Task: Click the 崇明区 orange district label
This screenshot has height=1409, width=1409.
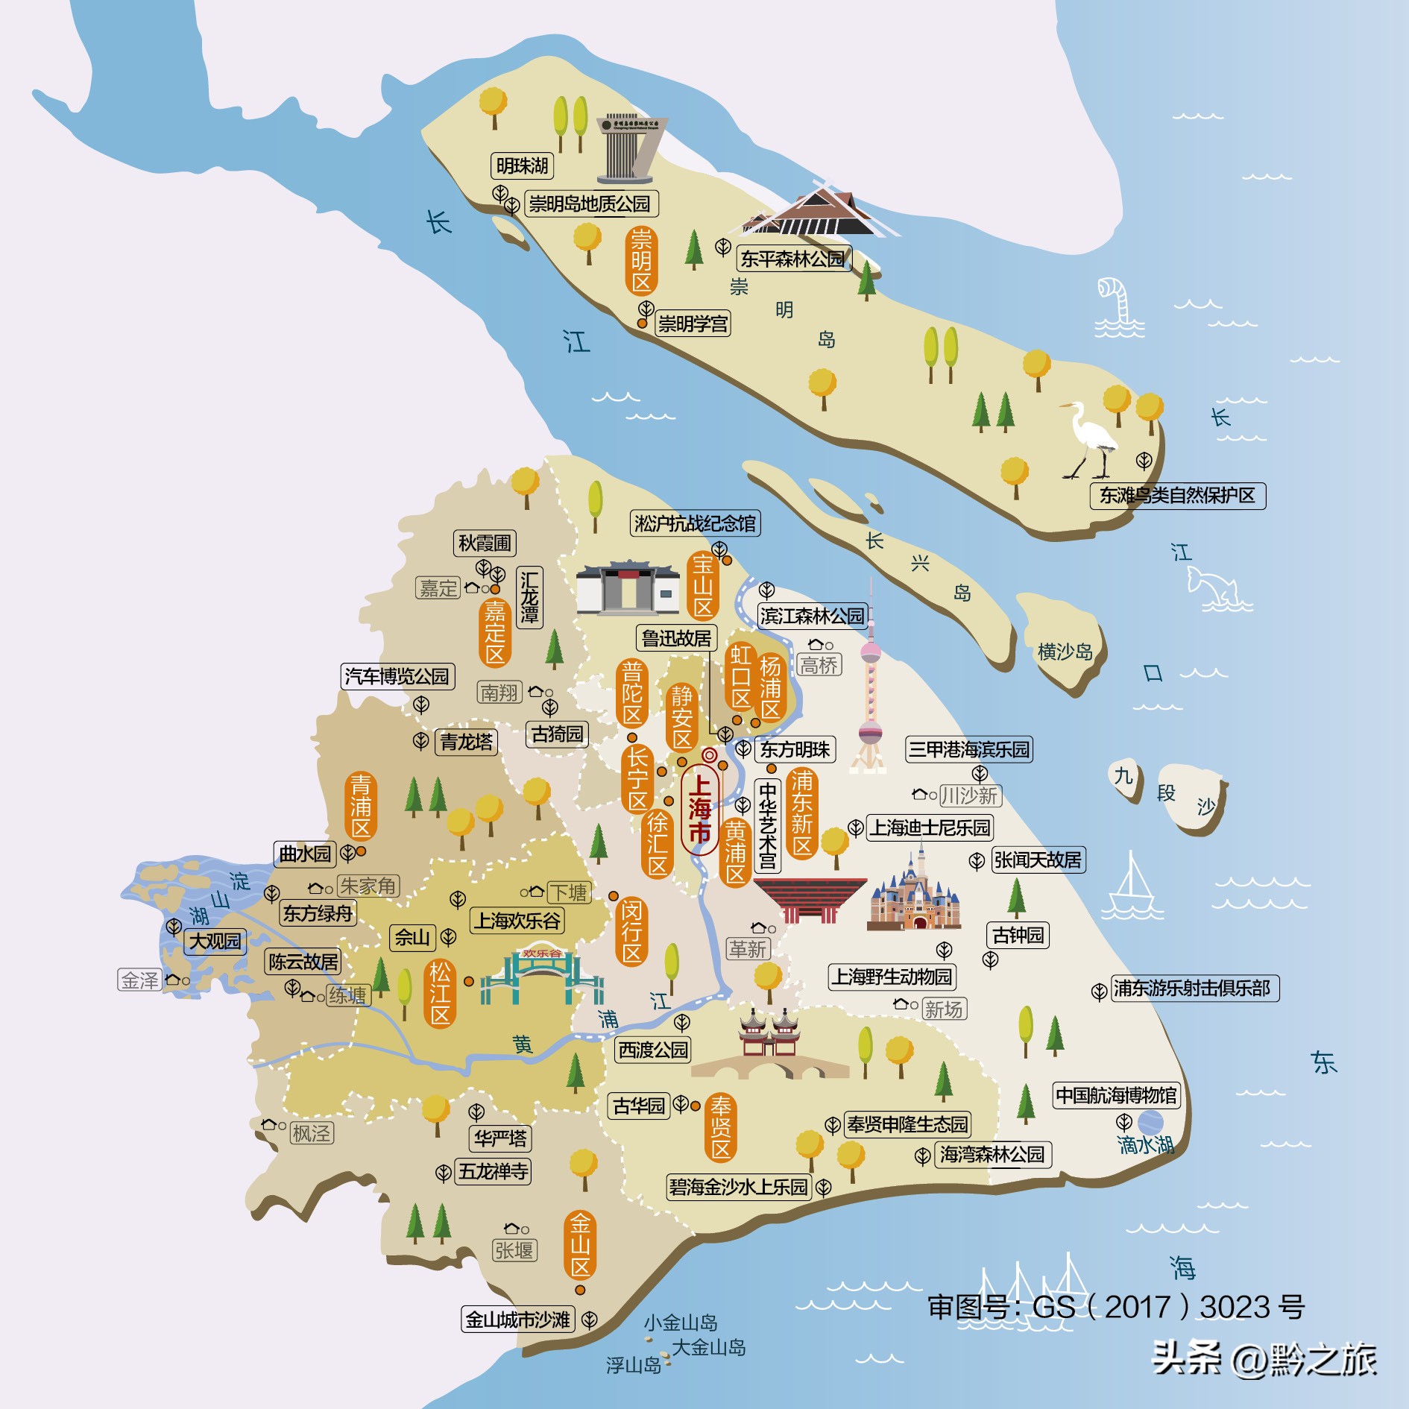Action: pyautogui.click(x=641, y=262)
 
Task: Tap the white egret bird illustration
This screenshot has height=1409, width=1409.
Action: pyautogui.click(x=1089, y=440)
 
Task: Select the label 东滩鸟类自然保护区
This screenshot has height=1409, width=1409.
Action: pyautogui.click(x=1177, y=496)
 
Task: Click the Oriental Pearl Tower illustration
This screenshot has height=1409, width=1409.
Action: pyautogui.click(x=870, y=686)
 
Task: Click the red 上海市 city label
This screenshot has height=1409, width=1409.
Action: pyautogui.click(x=699, y=810)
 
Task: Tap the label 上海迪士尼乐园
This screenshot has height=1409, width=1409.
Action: pyautogui.click(x=930, y=828)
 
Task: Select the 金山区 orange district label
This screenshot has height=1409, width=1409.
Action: pyautogui.click(x=580, y=1246)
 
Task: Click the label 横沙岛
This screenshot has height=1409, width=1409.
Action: pyautogui.click(x=1065, y=652)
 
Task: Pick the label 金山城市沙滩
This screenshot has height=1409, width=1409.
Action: pyautogui.click(x=518, y=1320)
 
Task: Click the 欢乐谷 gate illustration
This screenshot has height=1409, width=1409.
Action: pyautogui.click(x=542, y=977)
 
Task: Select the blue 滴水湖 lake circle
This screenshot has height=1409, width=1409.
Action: pyautogui.click(x=1150, y=1123)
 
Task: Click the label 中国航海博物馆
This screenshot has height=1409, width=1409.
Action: pyautogui.click(x=1116, y=1096)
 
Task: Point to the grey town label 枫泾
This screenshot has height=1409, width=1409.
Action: pyautogui.click(x=312, y=1134)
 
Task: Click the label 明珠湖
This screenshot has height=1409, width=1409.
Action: pyautogui.click(x=522, y=166)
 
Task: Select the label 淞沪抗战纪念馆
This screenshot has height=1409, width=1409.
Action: pyautogui.click(x=695, y=524)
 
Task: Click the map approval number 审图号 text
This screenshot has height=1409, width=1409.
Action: pyautogui.click(x=1115, y=1307)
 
